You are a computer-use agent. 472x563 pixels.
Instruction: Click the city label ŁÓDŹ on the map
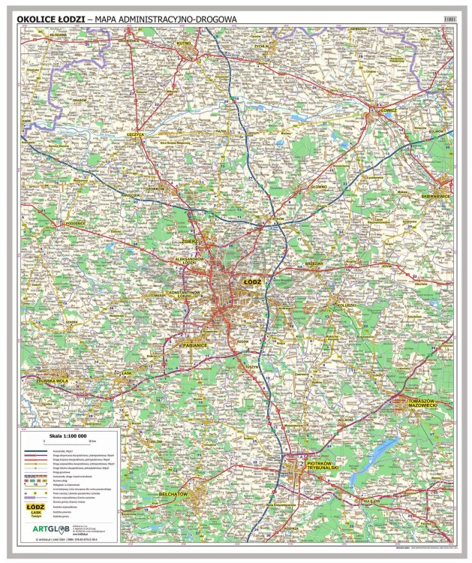tap(254, 280)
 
